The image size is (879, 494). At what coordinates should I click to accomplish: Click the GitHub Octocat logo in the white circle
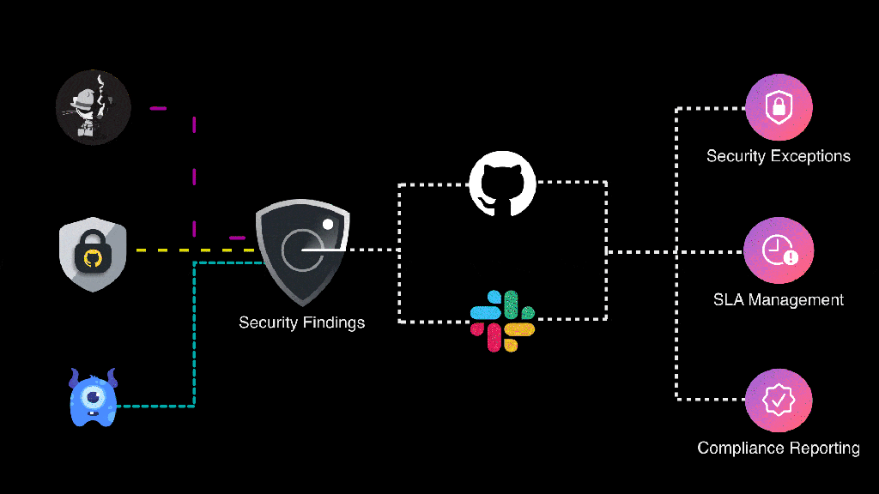pos(502,184)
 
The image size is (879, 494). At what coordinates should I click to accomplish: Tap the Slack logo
pos(502,322)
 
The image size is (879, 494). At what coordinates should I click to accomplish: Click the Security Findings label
pos(301,322)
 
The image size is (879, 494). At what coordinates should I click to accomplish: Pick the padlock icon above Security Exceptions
pos(779,107)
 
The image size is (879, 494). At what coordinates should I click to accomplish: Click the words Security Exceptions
pos(778,156)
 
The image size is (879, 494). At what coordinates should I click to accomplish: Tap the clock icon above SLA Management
pos(779,250)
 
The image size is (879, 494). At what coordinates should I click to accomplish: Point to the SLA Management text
pos(778,300)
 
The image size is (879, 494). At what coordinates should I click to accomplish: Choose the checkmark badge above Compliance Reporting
pos(779,400)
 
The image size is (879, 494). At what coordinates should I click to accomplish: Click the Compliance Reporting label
pos(778,448)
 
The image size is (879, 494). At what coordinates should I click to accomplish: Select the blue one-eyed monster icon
pos(93,398)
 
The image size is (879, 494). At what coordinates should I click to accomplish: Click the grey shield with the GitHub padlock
pos(93,254)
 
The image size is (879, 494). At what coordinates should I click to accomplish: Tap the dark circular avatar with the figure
pos(93,108)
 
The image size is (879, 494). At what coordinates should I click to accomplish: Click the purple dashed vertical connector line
pos(194,172)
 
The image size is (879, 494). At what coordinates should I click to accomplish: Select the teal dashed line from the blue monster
pos(195,343)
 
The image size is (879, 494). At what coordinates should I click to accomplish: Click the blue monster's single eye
pos(93,396)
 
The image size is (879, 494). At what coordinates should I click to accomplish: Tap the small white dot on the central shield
pos(327,224)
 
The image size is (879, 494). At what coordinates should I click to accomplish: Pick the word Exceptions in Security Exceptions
pos(811,156)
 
